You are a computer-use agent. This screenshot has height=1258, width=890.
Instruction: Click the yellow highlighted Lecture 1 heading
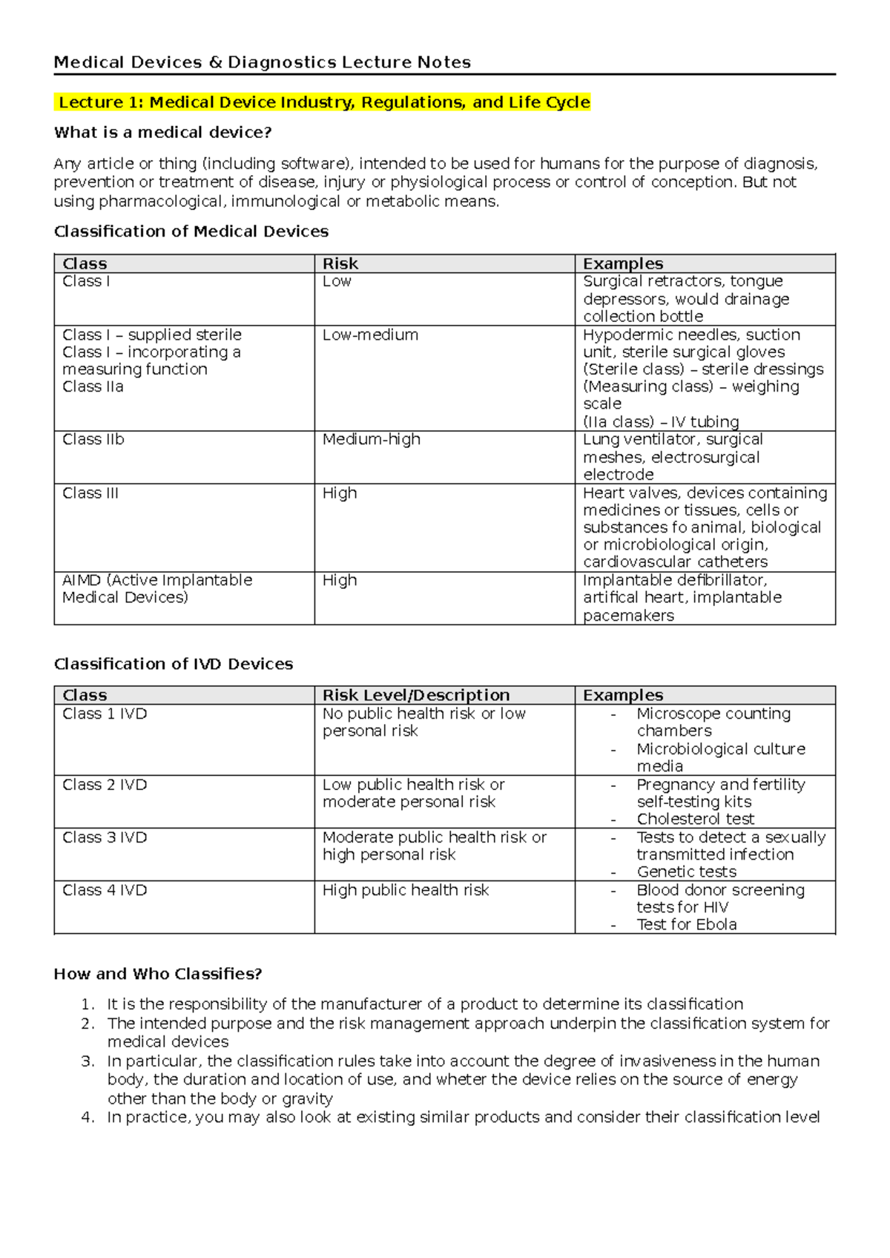324,102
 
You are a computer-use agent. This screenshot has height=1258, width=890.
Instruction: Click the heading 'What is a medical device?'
162,133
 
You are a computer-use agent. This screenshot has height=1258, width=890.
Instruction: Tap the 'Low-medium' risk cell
370,335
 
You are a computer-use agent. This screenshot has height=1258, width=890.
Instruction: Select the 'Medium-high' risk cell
371,440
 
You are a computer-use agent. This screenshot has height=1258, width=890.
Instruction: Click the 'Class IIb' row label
93,440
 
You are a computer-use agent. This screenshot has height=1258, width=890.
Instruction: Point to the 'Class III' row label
90,493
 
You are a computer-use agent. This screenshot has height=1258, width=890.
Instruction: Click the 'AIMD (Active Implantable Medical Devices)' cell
157,589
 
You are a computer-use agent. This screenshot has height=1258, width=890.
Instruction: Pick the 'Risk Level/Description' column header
416,695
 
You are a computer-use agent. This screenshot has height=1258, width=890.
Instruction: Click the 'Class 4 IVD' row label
105,890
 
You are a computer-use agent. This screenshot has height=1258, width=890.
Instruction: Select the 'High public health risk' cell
406,890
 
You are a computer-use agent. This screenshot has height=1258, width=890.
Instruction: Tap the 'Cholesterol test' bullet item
695,819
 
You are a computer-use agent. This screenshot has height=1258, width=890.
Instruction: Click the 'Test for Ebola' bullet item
686,924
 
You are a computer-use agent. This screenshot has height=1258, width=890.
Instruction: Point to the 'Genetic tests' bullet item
686,872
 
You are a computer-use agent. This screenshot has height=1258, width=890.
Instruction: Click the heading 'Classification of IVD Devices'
174,664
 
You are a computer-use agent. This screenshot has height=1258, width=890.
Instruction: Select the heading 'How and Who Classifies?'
158,974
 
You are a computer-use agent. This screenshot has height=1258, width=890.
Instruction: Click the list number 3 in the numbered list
88,1061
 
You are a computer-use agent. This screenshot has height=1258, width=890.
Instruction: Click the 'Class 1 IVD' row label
105,714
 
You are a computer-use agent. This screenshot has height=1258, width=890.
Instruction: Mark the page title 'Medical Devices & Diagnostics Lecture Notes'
262,62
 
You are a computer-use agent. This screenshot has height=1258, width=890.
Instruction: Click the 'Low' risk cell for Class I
337,282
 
